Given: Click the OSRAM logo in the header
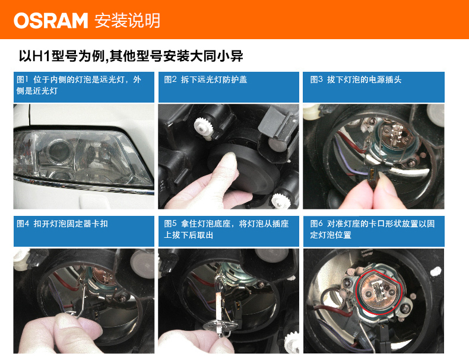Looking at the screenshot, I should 50,21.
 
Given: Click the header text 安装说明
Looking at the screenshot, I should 126,21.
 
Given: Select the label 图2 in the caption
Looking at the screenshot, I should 170,79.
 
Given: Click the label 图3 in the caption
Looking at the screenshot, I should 316,79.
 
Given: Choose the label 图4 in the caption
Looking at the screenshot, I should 23,224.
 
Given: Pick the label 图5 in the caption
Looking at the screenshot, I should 170,224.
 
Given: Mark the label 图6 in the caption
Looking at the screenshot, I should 316,224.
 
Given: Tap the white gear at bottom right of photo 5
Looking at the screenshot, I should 291,341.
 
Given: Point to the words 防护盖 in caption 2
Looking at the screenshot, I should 235,79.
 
